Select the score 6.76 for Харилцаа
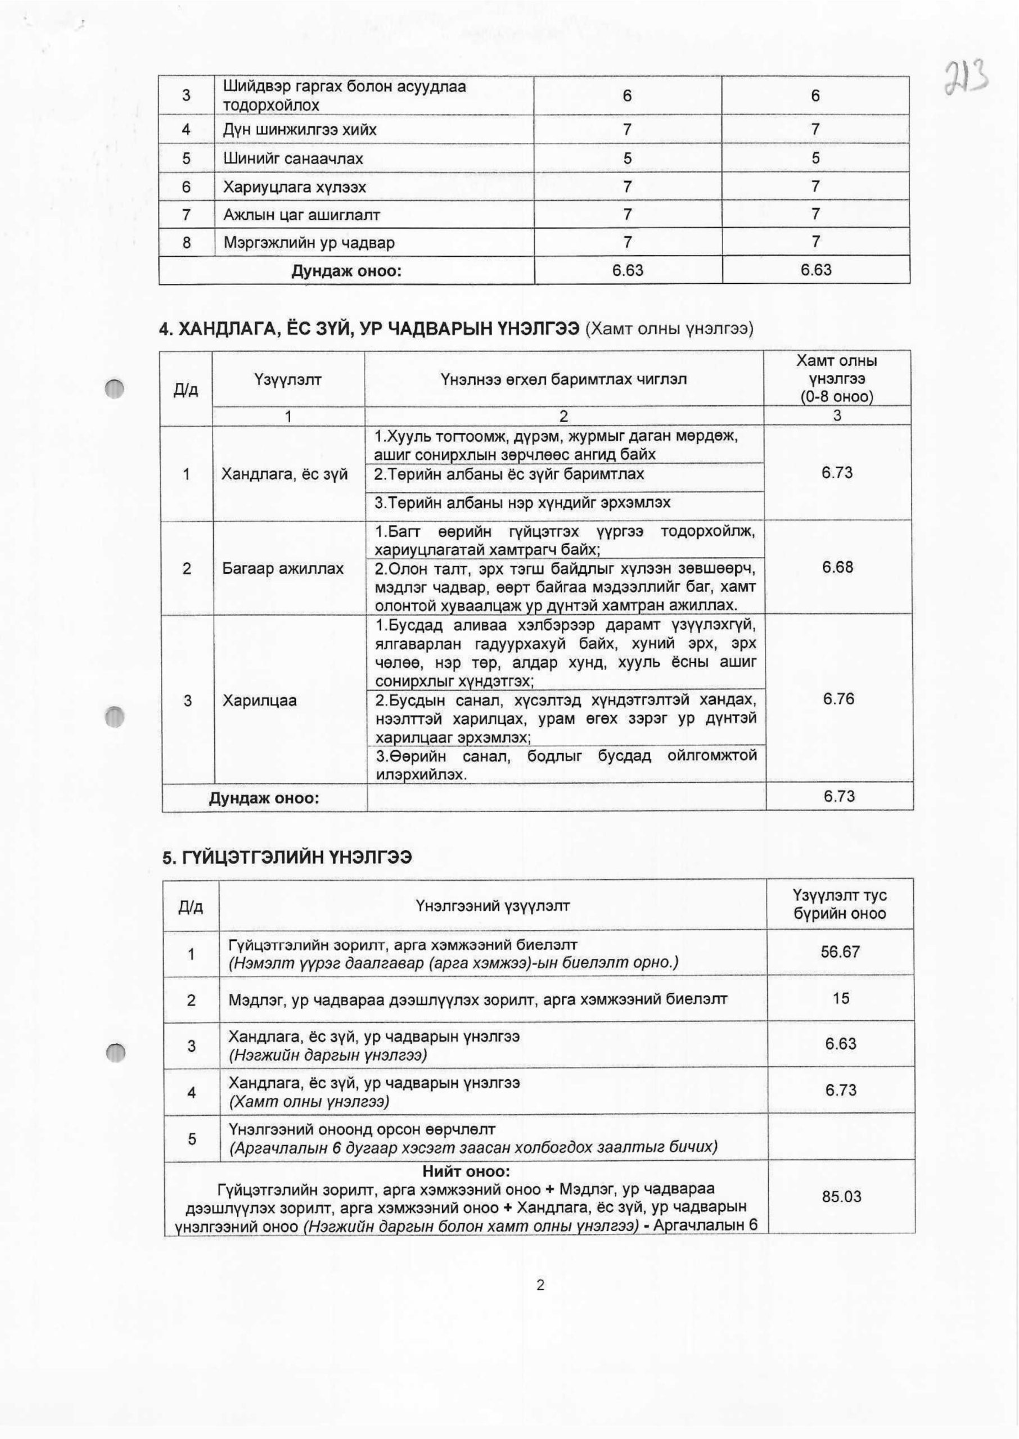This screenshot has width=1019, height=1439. point(838,699)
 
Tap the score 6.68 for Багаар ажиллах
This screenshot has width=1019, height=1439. point(838,567)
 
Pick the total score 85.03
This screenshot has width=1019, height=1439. point(841,1196)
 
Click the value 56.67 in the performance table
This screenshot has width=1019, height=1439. point(840,952)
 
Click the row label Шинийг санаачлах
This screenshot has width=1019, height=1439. point(293,159)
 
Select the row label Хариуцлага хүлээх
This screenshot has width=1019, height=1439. point(295,187)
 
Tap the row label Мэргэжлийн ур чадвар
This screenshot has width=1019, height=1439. point(309,243)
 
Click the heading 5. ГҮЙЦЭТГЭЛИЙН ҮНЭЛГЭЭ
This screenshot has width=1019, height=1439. point(287,857)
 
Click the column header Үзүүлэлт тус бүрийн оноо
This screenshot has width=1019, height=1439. point(840,904)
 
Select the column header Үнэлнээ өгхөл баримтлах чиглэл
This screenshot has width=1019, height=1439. point(563,379)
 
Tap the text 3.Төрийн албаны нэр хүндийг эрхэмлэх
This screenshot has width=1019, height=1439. point(522,503)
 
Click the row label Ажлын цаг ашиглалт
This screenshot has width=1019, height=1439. point(302,215)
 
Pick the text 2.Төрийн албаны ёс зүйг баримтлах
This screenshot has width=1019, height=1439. point(509,474)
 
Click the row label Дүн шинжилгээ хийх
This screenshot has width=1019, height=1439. point(300,130)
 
